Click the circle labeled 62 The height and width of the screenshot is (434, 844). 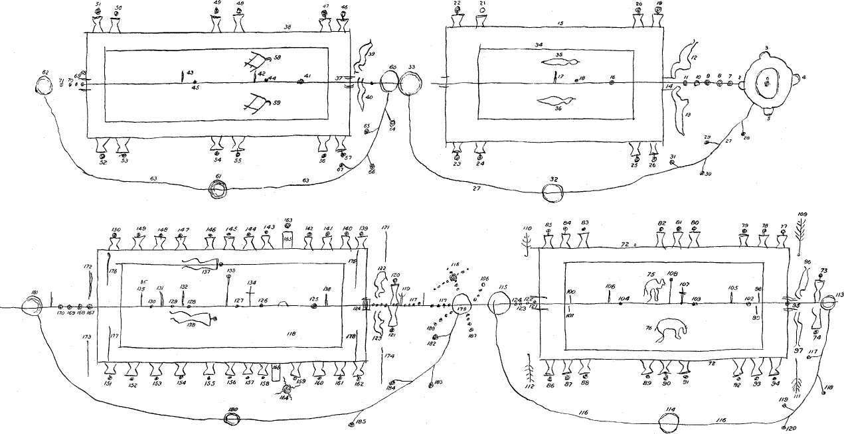44,85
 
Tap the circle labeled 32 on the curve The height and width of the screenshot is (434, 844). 554,193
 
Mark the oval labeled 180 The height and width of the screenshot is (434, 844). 232,419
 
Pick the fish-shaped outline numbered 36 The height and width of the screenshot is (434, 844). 556,102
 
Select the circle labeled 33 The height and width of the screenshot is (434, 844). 411,85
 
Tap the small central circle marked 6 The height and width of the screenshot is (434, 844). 767,79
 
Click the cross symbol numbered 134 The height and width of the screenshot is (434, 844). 250,291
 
